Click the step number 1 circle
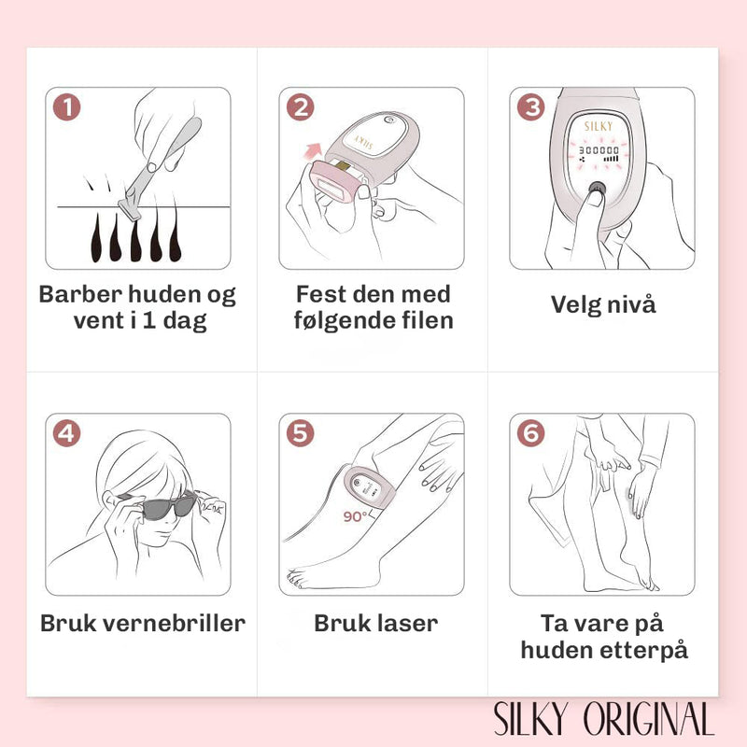pyautogui.click(x=66, y=106)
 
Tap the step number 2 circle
pyautogui.click(x=300, y=106)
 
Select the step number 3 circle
pyautogui.click(x=530, y=106)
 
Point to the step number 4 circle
pyautogui.click(x=66, y=433)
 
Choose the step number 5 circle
pyautogui.click(x=300, y=433)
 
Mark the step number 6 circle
pyautogui.click(x=530, y=433)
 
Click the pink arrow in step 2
pyautogui.click(x=312, y=151)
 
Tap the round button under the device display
pyautogui.click(x=597, y=188)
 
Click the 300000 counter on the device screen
pyautogui.click(x=599, y=150)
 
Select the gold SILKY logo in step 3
pyautogui.click(x=599, y=126)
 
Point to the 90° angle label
pyautogui.click(x=356, y=516)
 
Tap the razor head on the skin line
pyautogui.click(x=130, y=209)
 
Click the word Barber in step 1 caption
pyautogui.click(x=80, y=294)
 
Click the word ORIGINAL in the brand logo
pyautogui.click(x=649, y=718)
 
